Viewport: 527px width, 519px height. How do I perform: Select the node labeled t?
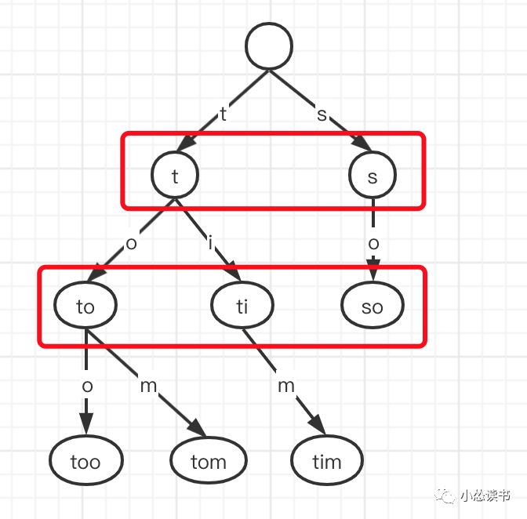pyautogui.click(x=175, y=176)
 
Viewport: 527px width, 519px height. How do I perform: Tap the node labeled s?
pyautogui.click(x=373, y=176)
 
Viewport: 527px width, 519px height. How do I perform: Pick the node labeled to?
pyautogui.click(x=85, y=306)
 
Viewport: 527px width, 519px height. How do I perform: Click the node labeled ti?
pyautogui.click(x=242, y=306)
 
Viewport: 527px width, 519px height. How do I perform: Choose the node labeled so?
pyautogui.click(x=373, y=306)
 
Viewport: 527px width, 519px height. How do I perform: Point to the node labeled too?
pyautogui.click(x=85, y=461)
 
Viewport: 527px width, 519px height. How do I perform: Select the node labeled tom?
pyautogui.click(x=208, y=461)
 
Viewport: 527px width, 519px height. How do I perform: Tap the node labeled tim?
pyautogui.click(x=327, y=461)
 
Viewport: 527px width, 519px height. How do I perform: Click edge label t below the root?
pyautogui.click(x=224, y=114)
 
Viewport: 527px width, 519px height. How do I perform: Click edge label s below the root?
pyautogui.click(x=321, y=114)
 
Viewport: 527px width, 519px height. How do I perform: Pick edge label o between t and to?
pyautogui.click(x=131, y=242)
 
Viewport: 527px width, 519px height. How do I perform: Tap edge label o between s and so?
pyautogui.click(x=373, y=243)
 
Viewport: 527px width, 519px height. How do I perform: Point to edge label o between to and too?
pyautogui.click(x=87, y=385)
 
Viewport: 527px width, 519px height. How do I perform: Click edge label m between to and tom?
pyautogui.click(x=148, y=385)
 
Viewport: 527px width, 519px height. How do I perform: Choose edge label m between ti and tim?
pyautogui.click(x=286, y=385)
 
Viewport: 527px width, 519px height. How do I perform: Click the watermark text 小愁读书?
pyautogui.click(x=485, y=495)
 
